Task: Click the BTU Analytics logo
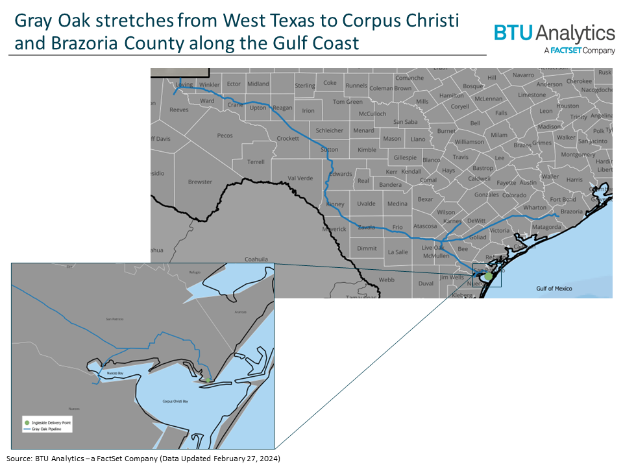pyautogui.click(x=554, y=37)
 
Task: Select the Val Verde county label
pyautogui.click(x=300, y=178)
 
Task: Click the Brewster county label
pyautogui.click(x=200, y=182)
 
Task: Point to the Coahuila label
pyautogui.click(x=256, y=258)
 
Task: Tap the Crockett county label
pyautogui.click(x=287, y=138)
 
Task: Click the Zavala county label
pyautogui.click(x=367, y=227)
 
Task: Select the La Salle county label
pyautogui.click(x=397, y=252)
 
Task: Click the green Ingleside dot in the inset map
pyautogui.click(x=206, y=378)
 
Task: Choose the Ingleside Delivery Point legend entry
pyautogui.click(x=49, y=422)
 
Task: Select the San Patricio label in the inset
pyautogui.click(x=113, y=318)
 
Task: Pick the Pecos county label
pyautogui.click(x=225, y=136)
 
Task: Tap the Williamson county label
pyautogui.click(x=469, y=141)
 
